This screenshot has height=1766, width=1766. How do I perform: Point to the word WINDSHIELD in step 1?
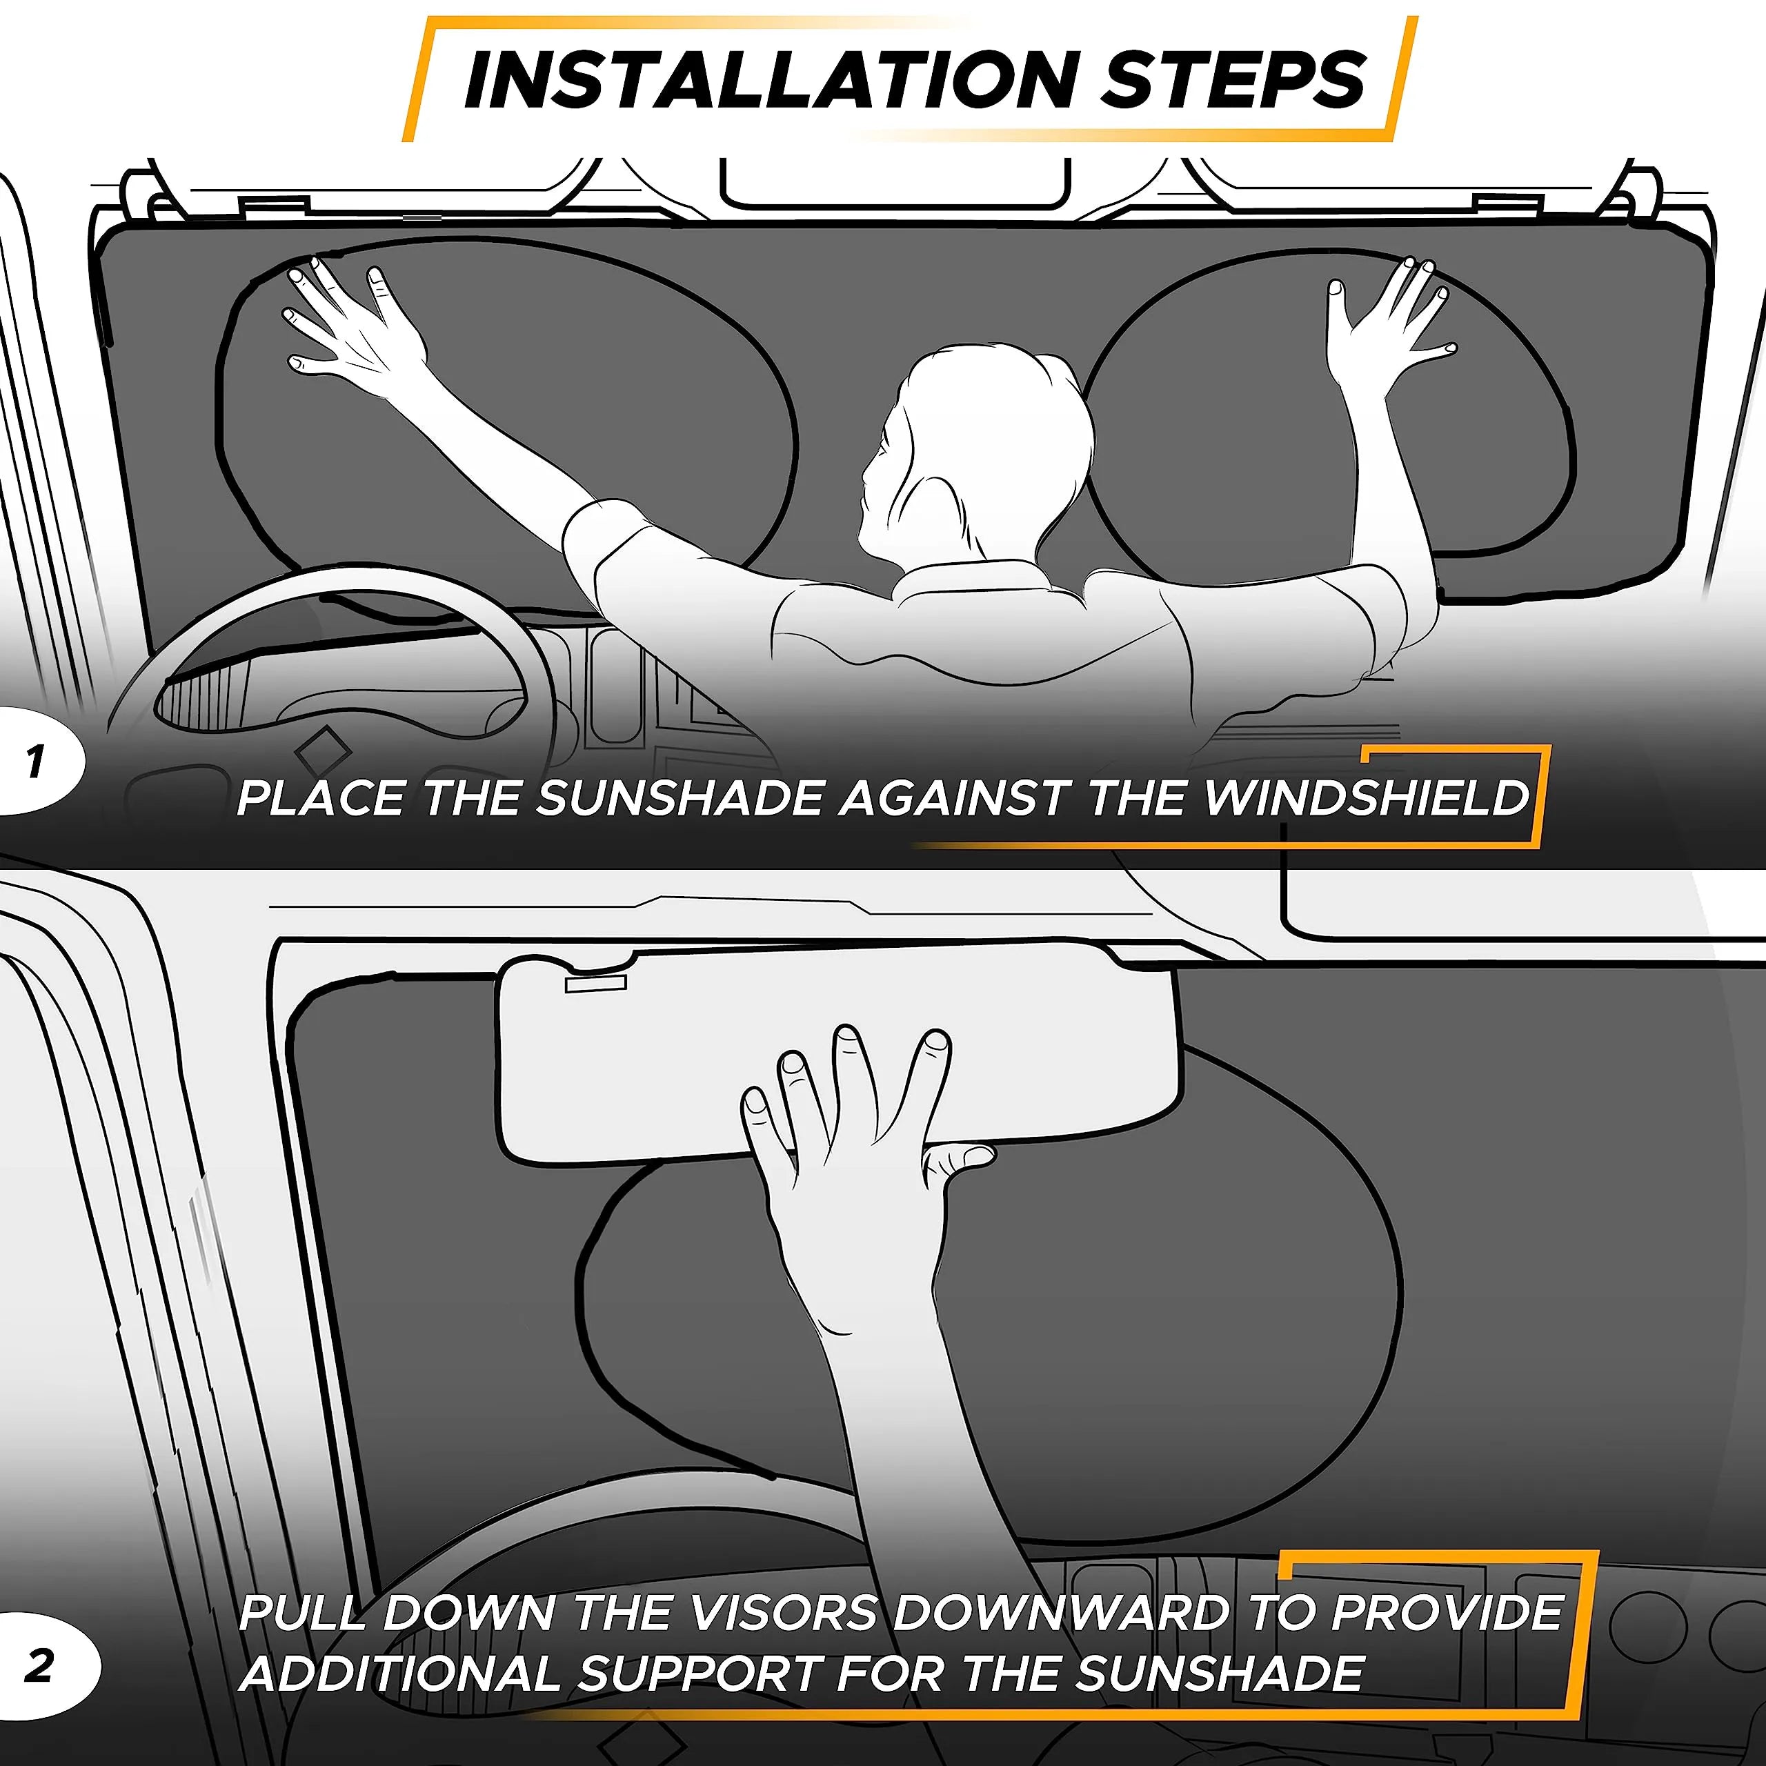pyautogui.click(x=1366, y=798)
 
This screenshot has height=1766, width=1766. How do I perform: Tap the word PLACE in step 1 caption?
pyautogui.click(x=320, y=798)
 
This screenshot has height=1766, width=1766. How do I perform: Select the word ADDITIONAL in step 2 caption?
pyautogui.click(x=400, y=1674)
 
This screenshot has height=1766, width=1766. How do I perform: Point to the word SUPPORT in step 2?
pyautogui.click(x=701, y=1674)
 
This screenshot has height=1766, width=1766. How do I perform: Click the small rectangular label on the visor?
pyautogui.click(x=596, y=982)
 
